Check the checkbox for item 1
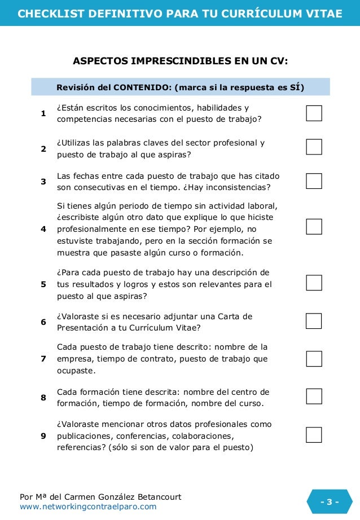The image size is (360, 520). [314, 113]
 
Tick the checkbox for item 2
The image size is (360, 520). [314, 147]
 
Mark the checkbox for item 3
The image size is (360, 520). [314, 181]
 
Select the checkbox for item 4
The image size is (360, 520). [314, 227]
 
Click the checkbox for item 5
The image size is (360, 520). [314, 283]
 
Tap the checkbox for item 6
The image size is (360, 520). [314, 321]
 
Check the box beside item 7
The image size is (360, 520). [314, 359]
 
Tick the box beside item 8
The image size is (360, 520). [314, 396]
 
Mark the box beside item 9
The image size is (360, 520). [314, 435]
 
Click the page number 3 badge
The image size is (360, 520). [330, 502]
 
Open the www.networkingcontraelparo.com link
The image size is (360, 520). [88, 507]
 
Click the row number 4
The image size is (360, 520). [43, 229]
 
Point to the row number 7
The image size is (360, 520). [43, 359]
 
